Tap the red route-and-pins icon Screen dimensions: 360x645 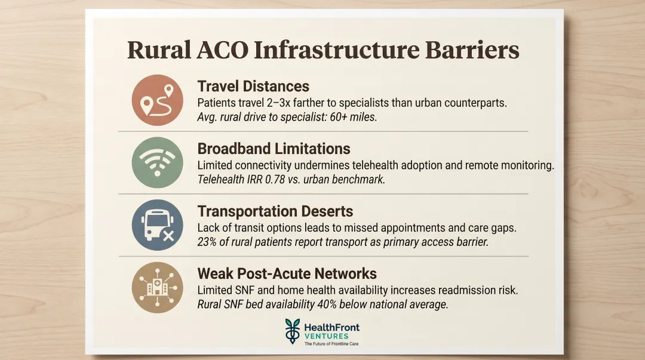(x=156, y=100)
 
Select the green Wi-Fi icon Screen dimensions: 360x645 (x=156, y=162)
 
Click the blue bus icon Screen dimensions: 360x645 (x=156, y=224)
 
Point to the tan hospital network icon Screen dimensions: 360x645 (x=156, y=287)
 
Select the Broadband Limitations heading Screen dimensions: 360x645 (x=274, y=149)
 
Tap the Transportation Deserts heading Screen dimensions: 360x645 (x=275, y=211)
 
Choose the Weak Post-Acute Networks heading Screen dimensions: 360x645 (x=287, y=273)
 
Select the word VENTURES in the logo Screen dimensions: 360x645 (x=325, y=336)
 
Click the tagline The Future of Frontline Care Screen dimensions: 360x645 (x=331, y=344)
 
